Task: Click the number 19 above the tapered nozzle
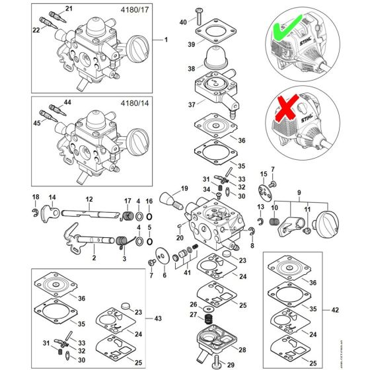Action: [184, 188]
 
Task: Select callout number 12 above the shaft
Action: [88, 199]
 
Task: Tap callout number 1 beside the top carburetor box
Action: [166, 40]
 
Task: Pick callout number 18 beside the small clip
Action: [36, 198]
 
